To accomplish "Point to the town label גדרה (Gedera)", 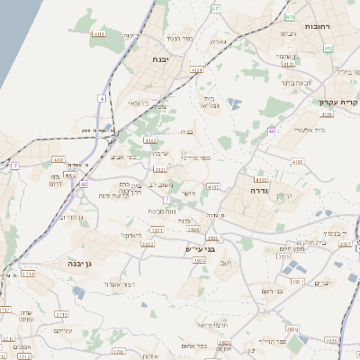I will point(262,191).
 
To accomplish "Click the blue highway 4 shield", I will point(103,98).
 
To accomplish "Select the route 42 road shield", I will point(83,184).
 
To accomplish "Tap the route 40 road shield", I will point(271,132).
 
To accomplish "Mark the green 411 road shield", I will point(215,8).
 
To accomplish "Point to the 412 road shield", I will point(328,49).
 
